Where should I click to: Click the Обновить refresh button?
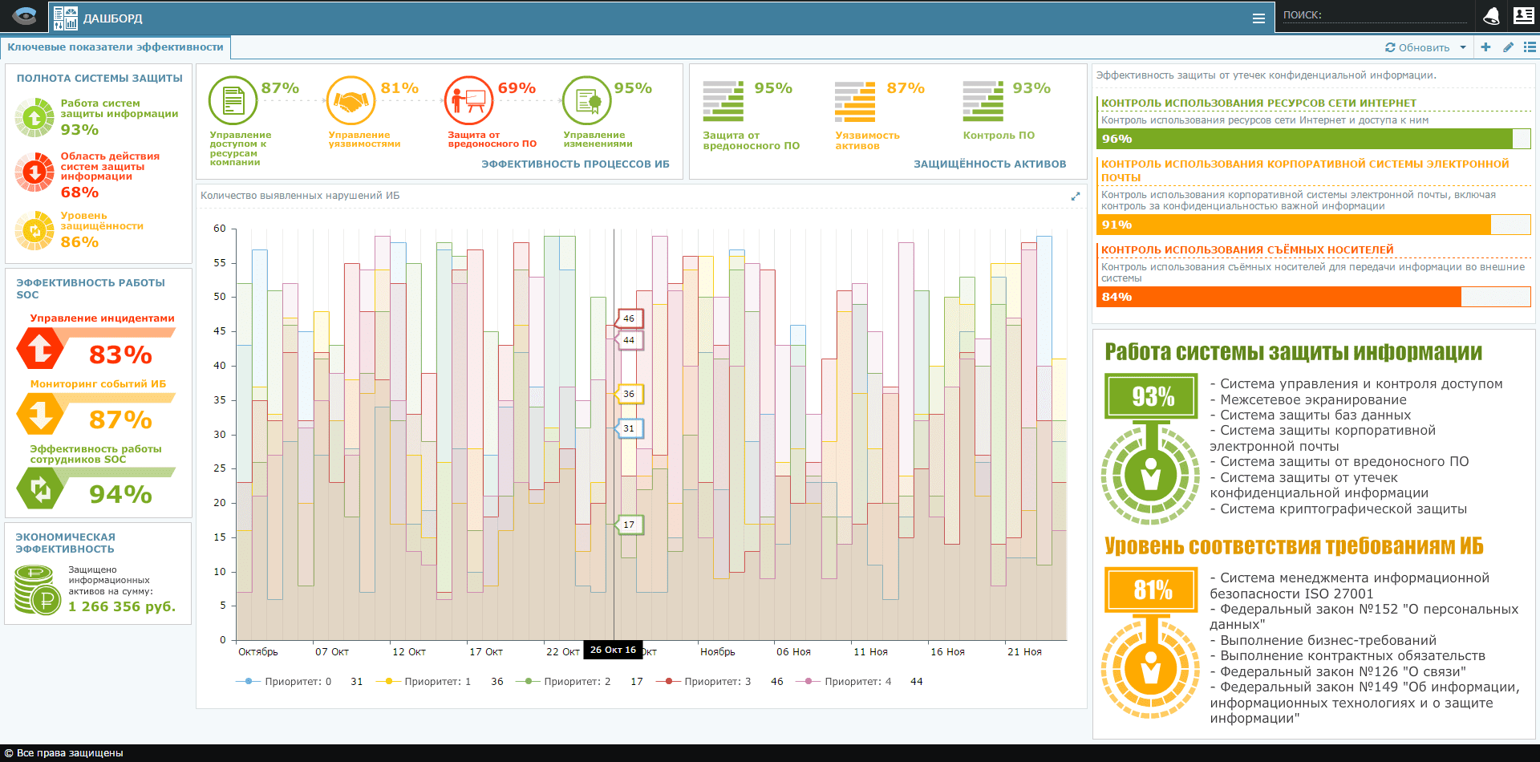[x=1417, y=47]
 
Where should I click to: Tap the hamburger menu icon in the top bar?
[x=1258, y=18]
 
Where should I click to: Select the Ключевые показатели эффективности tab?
[x=115, y=47]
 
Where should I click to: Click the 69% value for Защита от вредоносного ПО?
[x=517, y=88]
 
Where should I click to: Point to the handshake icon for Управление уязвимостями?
[x=351, y=101]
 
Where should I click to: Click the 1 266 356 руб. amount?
[x=122, y=606]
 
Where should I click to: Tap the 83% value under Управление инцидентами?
[x=120, y=355]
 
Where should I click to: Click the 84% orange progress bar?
[x=1279, y=297]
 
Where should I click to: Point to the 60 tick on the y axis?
[x=220, y=229]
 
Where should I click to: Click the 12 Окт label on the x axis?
[x=409, y=652]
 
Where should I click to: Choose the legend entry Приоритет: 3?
[x=716, y=682]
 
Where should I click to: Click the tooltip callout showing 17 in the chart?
[x=628, y=525]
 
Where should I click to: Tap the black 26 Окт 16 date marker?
[x=613, y=650]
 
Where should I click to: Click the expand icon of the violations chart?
[x=1076, y=197]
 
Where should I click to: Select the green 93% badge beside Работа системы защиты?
[x=1152, y=396]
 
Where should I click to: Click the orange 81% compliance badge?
[x=1152, y=590]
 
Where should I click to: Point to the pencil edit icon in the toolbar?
[x=1508, y=47]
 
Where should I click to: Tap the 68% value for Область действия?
[x=80, y=193]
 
